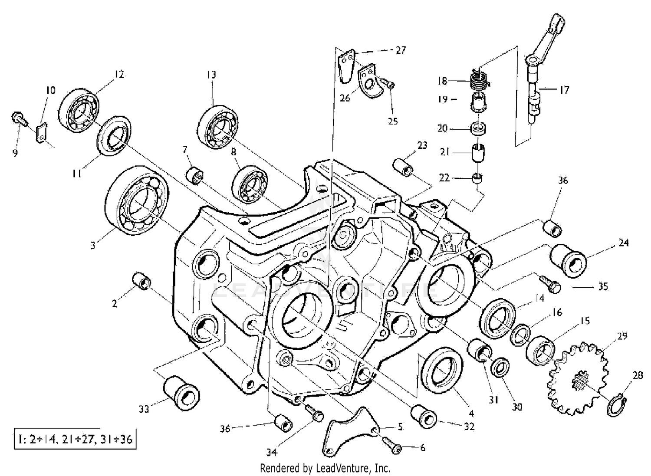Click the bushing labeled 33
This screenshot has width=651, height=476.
[x=181, y=392]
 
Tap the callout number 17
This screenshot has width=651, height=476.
[x=564, y=90]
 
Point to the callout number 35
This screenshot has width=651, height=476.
[x=602, y=287]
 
